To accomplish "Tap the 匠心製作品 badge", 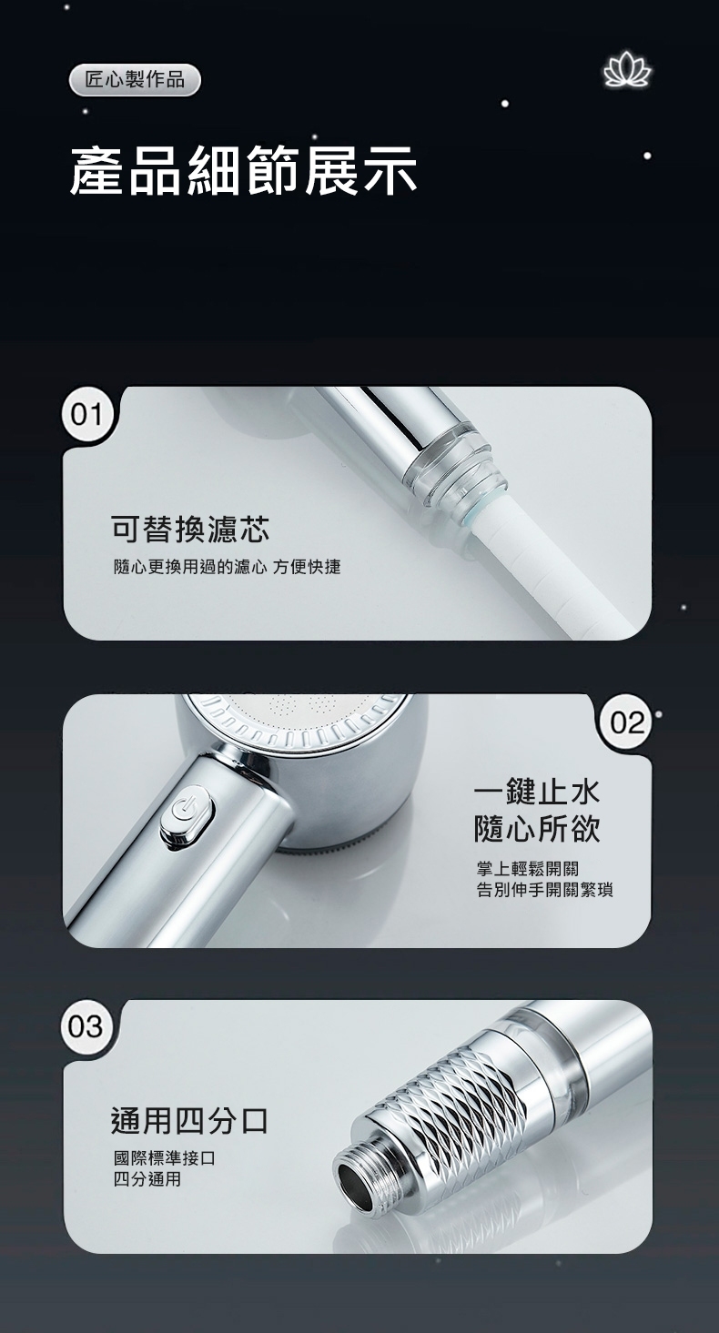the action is [135, 80].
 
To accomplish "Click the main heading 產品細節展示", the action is [243, 171].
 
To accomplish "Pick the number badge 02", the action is [627, 723].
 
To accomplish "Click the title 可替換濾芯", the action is [190, 529].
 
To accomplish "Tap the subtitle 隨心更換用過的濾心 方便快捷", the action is [227, 567].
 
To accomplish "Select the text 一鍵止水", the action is [538, 792].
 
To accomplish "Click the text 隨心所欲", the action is [538, 828].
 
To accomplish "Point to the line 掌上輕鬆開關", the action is [527, 870].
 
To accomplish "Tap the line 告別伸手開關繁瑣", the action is [544, 890].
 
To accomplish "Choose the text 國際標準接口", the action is [164, 1158].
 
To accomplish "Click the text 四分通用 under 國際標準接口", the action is [147, 1179].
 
